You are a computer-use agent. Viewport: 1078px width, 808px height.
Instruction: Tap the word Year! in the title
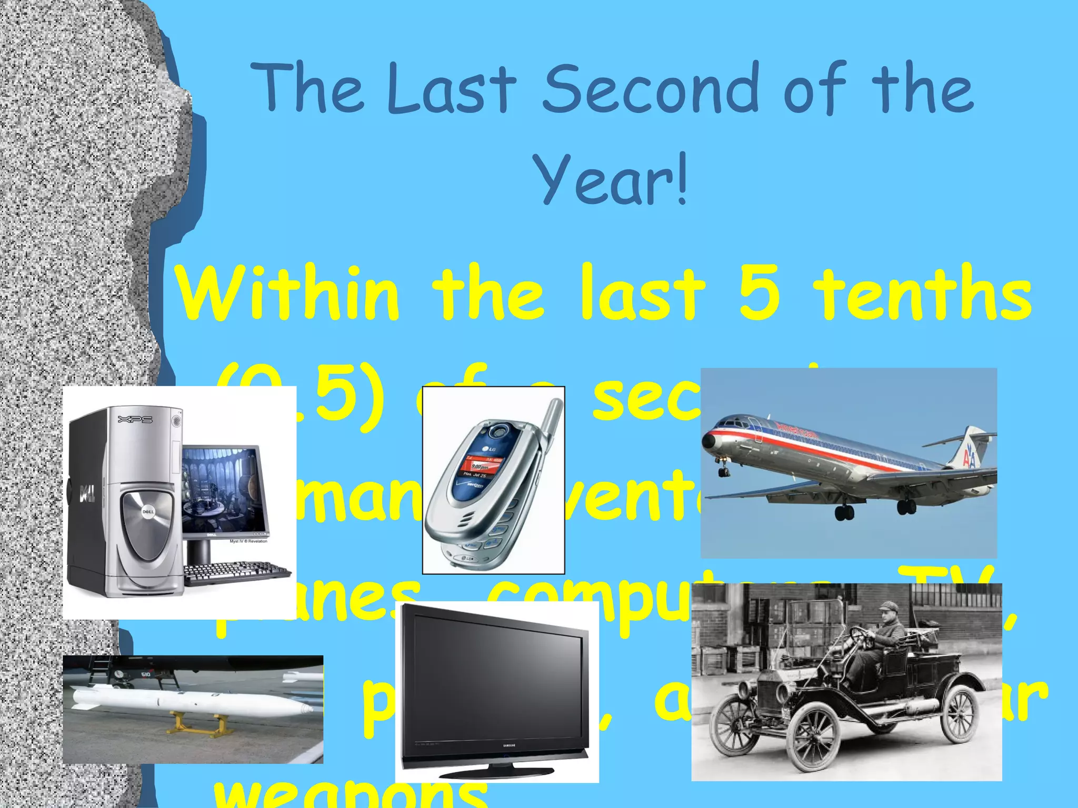pos(611,179)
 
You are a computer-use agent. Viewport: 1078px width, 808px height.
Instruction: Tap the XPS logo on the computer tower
pos(135,419)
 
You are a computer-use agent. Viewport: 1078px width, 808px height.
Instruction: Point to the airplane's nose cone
pos(708,438)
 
